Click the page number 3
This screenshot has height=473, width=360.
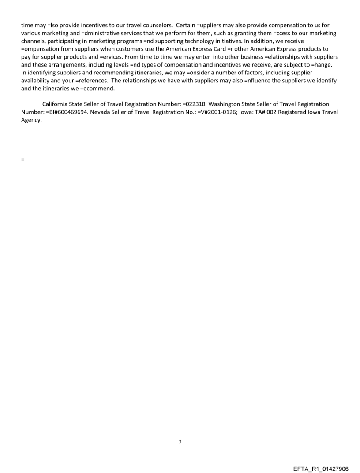[180, 441]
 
